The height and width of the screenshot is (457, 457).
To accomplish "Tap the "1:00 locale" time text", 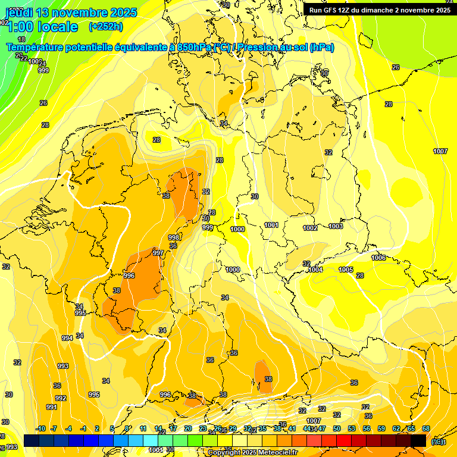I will pyautogui.click(x=42, y=27).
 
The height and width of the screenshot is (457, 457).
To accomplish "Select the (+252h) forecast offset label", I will pyautogui.click(x=106, y=27).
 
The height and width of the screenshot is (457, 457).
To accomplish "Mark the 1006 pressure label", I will pyautogui.click(x=378, y=258).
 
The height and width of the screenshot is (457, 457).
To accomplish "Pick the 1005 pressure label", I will pyautogui.click(x=346, y=270).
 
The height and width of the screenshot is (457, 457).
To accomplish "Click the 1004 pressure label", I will pyautogui.click(x=315, y=270).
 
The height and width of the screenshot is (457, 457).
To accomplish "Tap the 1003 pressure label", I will pyautogui.click(x=336, y=226).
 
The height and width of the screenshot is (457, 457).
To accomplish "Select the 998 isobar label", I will pyautogui.click(x=174, y=237).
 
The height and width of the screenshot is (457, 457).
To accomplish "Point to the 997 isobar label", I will pyautogui.click(x=158, y=253).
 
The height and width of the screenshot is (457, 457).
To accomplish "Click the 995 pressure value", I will pyautogui.click(x=80, y=313).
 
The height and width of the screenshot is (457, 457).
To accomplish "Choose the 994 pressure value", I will pyautogui.click(x=67, y=338).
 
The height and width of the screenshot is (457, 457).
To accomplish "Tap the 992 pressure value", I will pyautogui.click(x=60, y=398).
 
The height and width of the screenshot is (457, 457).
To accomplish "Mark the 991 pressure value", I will pyautogui.click(x=52, y=407).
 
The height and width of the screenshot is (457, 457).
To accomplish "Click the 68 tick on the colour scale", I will pyautogui.click(x=426, y=428).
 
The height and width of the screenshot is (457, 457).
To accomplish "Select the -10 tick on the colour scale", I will pyautogui.click(x=40, y=428).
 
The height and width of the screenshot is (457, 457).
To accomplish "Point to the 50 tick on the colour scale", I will pyautogui.click(x=336, y=428).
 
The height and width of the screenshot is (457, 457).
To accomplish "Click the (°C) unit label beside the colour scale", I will pyautogui.click(x=438, y=441).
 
